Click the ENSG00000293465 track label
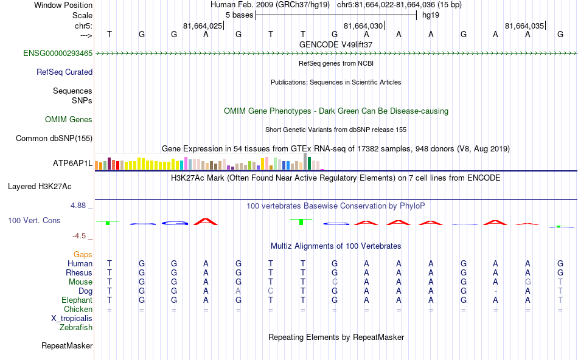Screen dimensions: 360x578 click(x=58, y=54)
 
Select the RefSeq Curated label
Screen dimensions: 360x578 click(x=64, y=72)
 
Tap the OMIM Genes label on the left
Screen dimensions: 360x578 click(x=69, y=119)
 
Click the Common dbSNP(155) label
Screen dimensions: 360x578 click(x=54, y=138)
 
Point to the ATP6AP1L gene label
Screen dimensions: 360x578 click(x=72, y=164)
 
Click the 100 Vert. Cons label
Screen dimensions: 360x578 click(x=34, y=220)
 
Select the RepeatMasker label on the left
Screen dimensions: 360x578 click(x=67, y=346)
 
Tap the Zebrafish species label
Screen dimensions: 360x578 click(x=76, y=327)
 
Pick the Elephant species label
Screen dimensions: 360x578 click(x=77, y=300)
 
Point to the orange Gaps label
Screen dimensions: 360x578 click(x=83, y=254)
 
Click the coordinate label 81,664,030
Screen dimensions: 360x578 click(x=363, y=26)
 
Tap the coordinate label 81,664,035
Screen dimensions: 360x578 click(x=524, y=26)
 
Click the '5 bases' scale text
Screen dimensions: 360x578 click(x=239, y=15)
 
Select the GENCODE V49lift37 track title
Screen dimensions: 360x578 click(x=336, y=44)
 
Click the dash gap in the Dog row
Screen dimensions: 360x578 click(x=496, y=291)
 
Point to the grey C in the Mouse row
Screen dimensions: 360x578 click(x=335, y=282)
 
